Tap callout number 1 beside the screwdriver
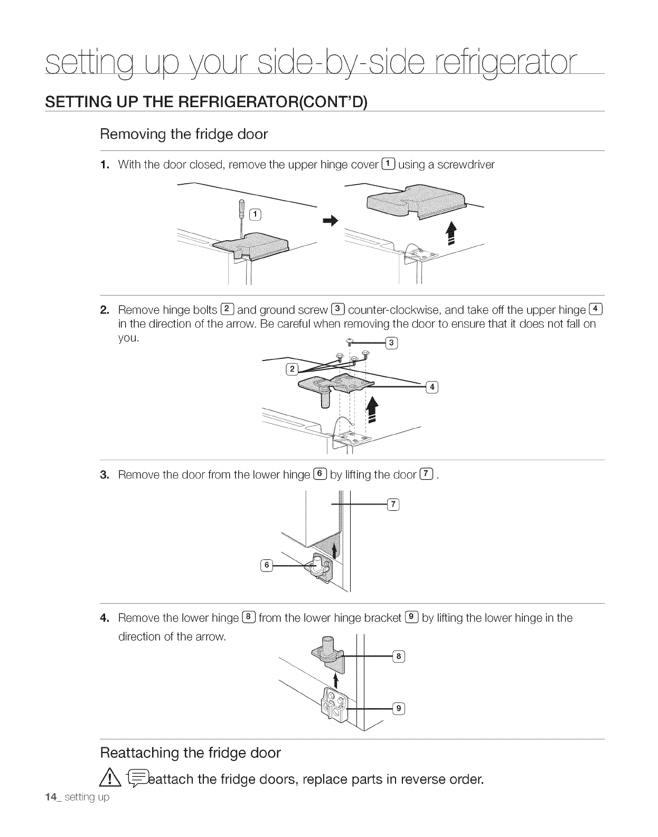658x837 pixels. (x=255, y=214)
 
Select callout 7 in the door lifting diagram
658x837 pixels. (x=393, y=505)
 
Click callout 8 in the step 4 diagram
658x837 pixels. (x=399, y=657)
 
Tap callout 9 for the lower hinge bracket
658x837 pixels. (x=399, y=708)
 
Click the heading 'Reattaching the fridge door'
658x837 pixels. (x=191, y=753)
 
